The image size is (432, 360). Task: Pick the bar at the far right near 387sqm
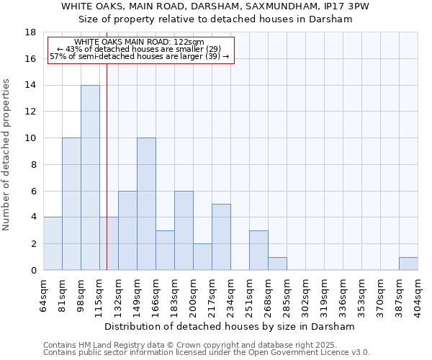click(x=408, y=264)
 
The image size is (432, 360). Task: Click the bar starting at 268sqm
click(x=277, y=264)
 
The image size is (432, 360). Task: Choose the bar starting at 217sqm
click(x=221, y=237)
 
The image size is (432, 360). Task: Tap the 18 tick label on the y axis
click(x=30, y=32)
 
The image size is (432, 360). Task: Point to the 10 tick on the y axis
click(x=30, y=138)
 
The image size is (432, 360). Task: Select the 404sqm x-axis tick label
click(x=418, y=297)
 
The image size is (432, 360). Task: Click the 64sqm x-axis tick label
click(x=44, y=295)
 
